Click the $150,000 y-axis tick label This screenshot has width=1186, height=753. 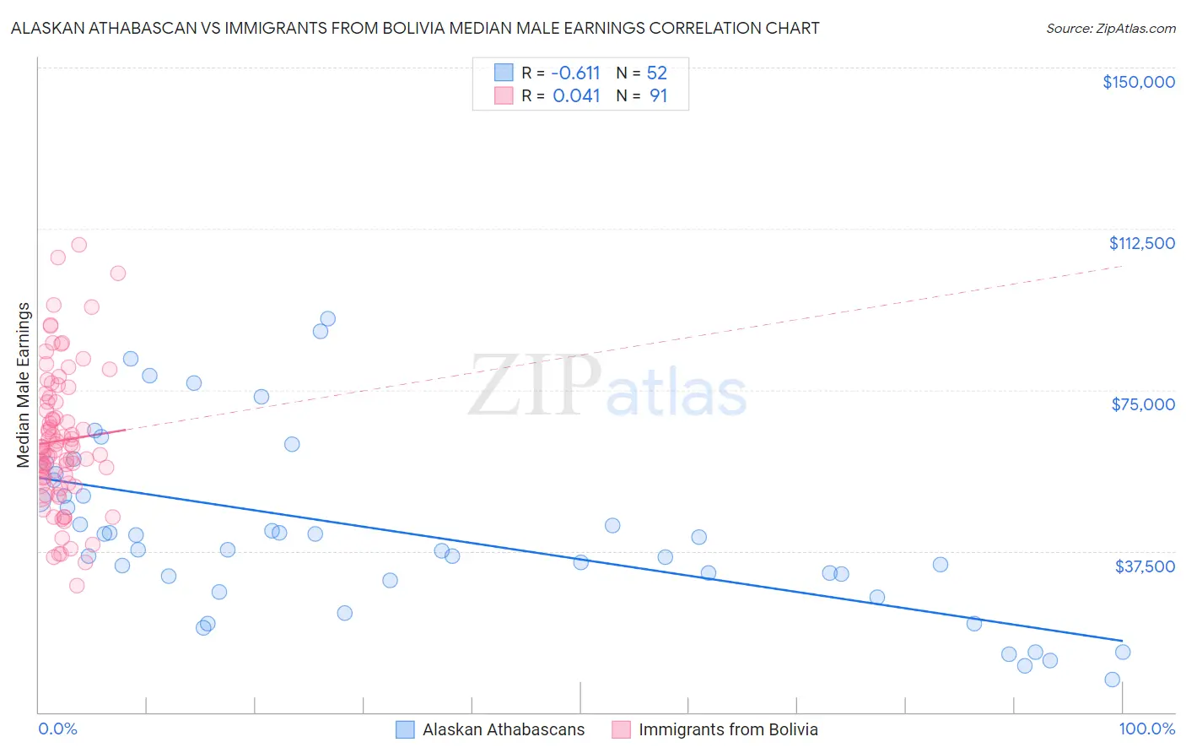[1138, 82]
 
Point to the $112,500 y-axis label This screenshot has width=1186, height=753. [1141, 243]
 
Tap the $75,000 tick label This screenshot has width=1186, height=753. [1143, 404]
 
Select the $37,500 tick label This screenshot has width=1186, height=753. [1145, 566]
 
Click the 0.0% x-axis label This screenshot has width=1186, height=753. [57, 729]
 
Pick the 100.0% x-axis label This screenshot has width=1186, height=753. [1146, 729]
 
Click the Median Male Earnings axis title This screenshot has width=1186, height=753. [24, 385]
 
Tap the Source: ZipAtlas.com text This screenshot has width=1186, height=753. [1110, 29]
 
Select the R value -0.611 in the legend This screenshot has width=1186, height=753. [575, 73]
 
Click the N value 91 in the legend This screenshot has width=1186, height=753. [658, 96]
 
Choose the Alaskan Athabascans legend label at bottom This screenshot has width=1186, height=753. [503, 730]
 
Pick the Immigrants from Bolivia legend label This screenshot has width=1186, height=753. [728, 730]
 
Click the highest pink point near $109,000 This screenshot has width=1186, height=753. [79, 245]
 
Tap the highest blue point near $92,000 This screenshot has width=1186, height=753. [328, 319]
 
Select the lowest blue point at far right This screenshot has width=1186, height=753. [1112, 680]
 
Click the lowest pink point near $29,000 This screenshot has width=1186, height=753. [77, 585]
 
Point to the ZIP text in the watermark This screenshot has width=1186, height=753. [535, 386]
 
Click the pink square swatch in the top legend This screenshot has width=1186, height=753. [504, 95]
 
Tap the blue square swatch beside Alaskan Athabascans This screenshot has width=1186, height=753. [405, 729]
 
